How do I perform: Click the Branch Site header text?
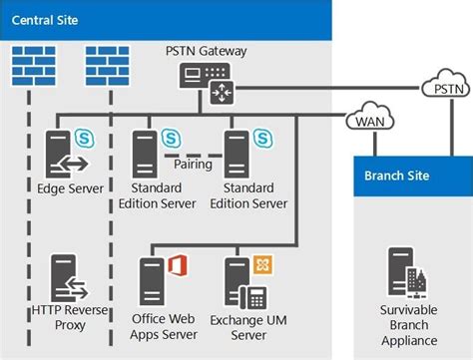[x=397, y=176]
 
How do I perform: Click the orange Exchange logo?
[x=262, y=264]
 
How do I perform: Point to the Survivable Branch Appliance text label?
[x=409, y=326]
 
